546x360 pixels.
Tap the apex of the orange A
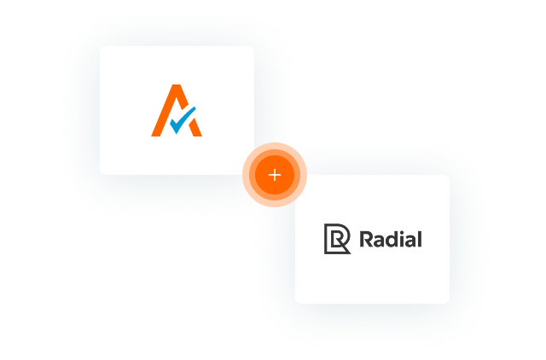(x=177, y=85)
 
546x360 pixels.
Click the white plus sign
(x=275, y=175)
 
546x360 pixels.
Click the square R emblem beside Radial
(x=337, y=239)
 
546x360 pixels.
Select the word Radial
(x=391, y=239)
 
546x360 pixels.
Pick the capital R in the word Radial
(x=366, y=239)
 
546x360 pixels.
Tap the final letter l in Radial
(x=420, y=239)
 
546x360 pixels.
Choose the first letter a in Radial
(x=380, y=241)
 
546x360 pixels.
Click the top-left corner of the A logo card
(x=101, y=47)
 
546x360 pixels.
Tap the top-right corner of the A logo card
(x=253, y=47)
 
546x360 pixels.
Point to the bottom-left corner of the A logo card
(x=101, y=174)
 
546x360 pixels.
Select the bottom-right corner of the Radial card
(x=449, y=303)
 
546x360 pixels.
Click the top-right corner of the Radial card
(x=449, y=176)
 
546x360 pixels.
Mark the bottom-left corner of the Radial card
(x=296, y=303)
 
